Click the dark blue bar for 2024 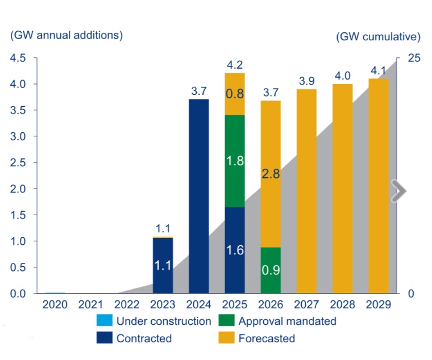198,196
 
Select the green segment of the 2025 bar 235,161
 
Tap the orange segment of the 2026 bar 271,174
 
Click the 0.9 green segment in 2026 271,270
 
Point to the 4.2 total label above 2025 235,65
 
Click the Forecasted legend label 267,338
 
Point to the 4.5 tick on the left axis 18,58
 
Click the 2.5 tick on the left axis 18,162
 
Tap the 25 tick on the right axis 414,58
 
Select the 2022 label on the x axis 127,304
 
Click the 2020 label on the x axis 55,304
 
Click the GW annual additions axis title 67,35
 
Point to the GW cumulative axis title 378,37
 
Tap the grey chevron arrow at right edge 400,191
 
